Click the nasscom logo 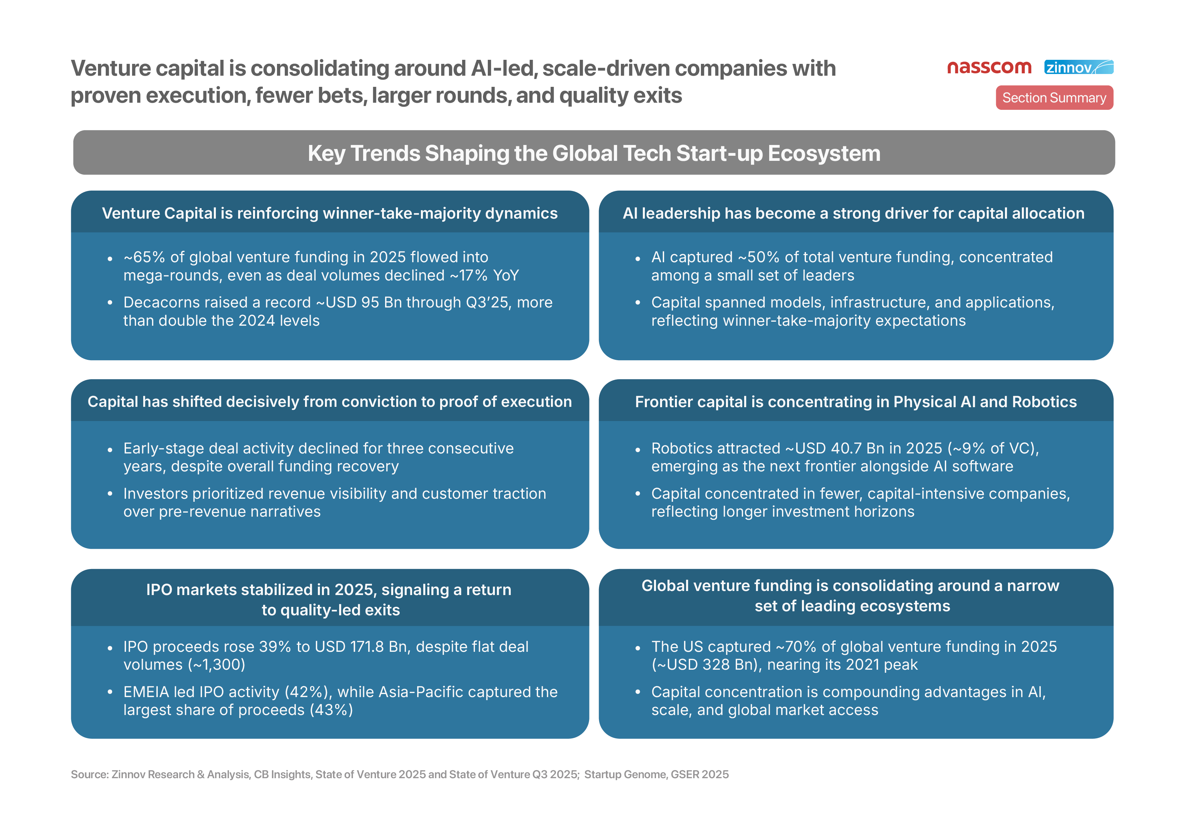989,68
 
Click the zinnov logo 1079,67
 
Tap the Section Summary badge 1054,98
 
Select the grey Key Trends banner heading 594,153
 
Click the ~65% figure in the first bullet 144,257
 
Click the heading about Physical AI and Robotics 856,402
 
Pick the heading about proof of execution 330,402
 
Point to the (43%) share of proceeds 331,710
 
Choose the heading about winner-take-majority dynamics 330,213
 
